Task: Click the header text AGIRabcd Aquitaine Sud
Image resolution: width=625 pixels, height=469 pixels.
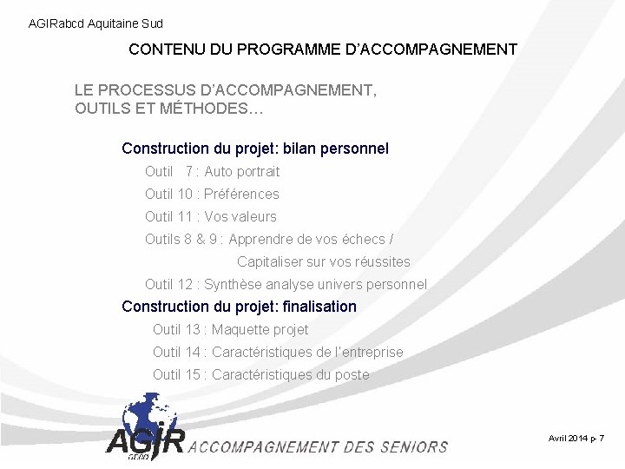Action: tap(95, 23)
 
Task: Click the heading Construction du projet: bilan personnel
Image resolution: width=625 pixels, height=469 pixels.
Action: tap(255, 149)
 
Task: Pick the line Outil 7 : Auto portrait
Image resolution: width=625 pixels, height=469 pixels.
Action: tap(212, 171)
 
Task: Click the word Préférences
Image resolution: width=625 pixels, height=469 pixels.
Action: tap(241, 194)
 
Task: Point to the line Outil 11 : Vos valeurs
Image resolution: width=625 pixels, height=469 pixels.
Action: tap(210, 216)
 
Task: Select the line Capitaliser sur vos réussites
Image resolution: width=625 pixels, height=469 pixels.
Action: tap(323, 261)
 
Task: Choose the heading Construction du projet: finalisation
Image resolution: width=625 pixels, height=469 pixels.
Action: tap(239, 307)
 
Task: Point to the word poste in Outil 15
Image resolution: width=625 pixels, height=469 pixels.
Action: tap(352, 374)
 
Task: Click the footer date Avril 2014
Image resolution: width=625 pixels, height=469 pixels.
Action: tap(568, 439)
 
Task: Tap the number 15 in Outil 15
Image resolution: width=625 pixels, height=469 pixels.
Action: tap(193, 374)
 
